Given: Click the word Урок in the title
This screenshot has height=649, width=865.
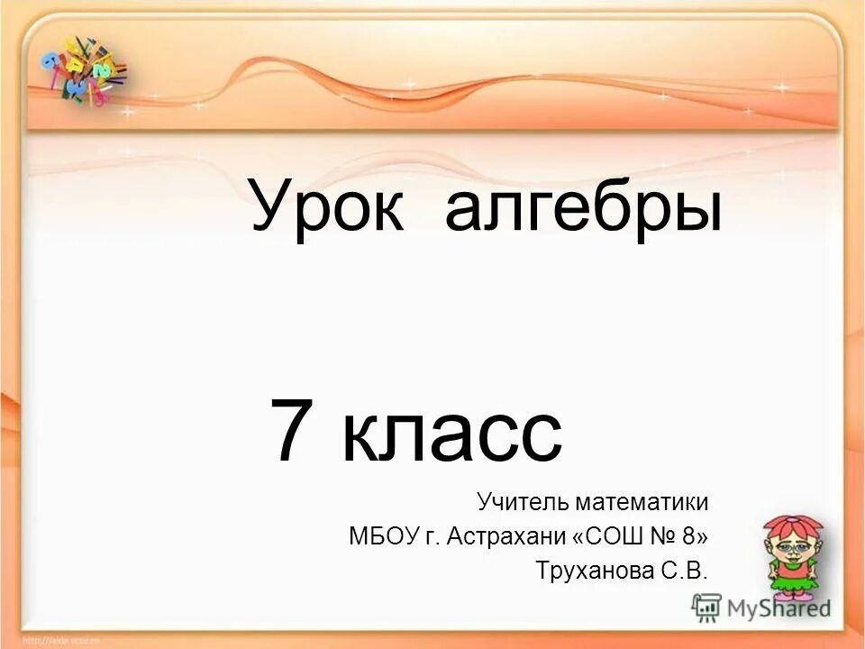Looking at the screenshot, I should tap(334, 207).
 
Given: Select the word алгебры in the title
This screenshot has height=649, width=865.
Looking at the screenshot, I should tap(583, 207).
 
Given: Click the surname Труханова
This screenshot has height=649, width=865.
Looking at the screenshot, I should tap(585, 571).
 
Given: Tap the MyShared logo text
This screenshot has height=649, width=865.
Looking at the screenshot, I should tap(779, 607).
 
